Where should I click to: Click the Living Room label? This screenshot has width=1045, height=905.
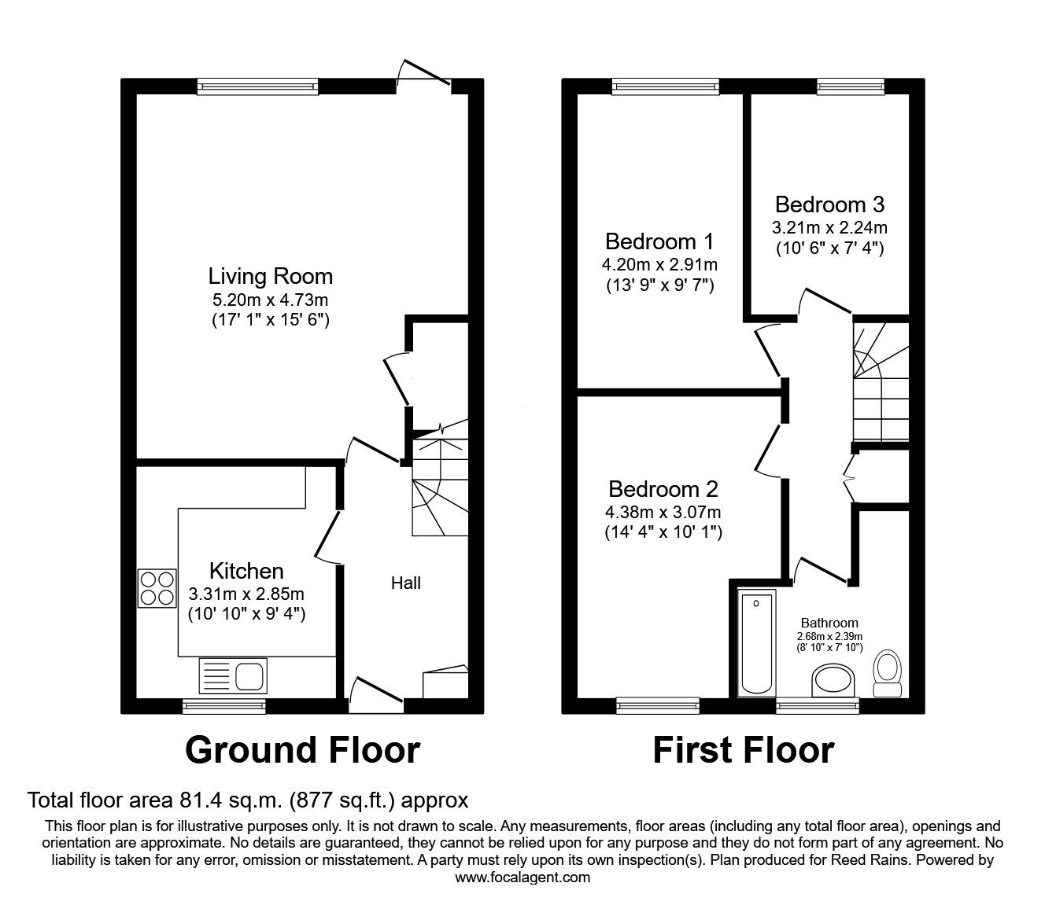pos(270,277)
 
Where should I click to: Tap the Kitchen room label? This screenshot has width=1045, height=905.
pos(246,571)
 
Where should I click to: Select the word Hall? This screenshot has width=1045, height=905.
pos(406,583)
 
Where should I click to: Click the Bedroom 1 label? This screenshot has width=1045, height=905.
pos(660,241)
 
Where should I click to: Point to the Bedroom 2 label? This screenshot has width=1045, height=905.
pos(663,489)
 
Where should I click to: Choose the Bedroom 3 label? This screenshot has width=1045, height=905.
pos(829,204)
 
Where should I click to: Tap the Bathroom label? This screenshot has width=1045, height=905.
pos(829,623)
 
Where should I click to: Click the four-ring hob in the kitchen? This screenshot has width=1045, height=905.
pos(157,588)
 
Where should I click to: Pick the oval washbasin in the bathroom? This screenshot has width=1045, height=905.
pos(833,679)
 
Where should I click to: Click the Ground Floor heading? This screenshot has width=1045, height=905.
pos(302,750)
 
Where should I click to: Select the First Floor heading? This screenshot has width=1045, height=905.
pos(743,750)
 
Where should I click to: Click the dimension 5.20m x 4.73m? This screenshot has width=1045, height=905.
pos(270,300)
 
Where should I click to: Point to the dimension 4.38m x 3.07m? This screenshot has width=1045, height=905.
pos(663,513)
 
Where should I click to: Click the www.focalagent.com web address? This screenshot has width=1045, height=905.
pos(522,877)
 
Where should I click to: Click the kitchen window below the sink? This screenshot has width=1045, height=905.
pos(223,706)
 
